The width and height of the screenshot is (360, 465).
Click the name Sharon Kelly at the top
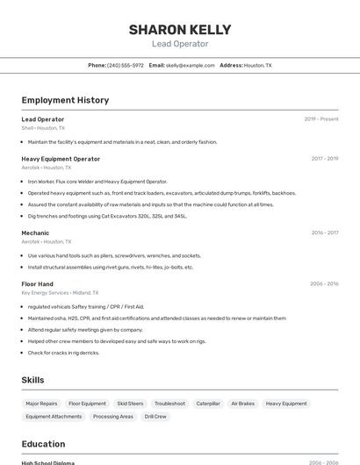click(x=180, y=29)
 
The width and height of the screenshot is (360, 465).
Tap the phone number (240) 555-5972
click(x=125, y=65)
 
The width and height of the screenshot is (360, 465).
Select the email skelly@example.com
click(x=191, y=65)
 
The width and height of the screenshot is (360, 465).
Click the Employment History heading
click(x=65, y=100)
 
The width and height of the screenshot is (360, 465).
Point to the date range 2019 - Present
click(x=321, y=118)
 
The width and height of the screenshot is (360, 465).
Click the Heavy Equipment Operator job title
click(x=61, y=159)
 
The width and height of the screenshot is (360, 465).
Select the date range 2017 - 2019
click(x=325, y=159)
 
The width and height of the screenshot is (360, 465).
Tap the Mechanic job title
click(x=35, y=232)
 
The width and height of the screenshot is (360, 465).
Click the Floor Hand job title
click(x=38, y=283)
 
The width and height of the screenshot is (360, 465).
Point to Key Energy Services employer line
click(x=60, y=293)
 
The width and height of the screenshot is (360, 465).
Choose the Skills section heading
click(x=32, y=379)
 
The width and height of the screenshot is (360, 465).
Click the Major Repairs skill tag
click(x=42, y=404)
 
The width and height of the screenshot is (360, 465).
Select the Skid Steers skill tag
click(x=130, y=404)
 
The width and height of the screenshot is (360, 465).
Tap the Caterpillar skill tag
click(x=208, y=404)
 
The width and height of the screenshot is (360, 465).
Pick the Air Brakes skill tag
click(x=242, y=404)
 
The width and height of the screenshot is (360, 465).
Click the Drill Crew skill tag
click(x=155, y=417)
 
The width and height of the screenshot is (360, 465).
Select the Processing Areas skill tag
click(x=113, y=417)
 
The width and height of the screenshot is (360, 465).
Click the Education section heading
click(x=43, y=444)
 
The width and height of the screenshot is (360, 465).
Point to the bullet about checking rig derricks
click(x=63, y=353)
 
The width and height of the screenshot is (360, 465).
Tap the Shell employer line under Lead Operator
click(x=43, y=128)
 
